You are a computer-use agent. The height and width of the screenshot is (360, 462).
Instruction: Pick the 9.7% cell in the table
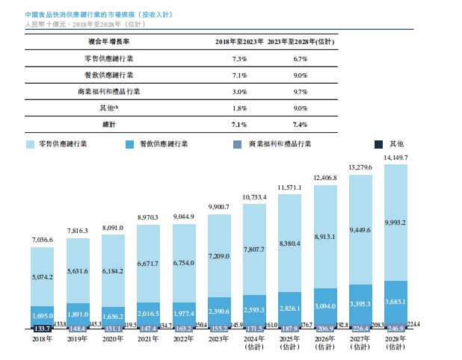click(300, 90)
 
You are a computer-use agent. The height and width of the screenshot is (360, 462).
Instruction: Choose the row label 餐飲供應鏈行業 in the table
click(109, 74)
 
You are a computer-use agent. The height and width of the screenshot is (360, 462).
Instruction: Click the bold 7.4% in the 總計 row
click(300, 123)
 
